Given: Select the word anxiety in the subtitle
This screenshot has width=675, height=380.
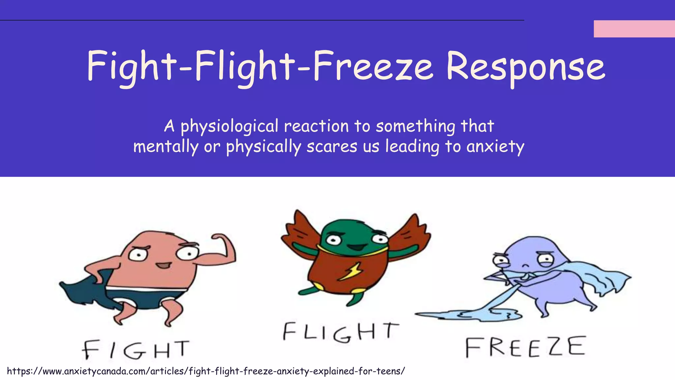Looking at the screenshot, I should (x=495, y=147).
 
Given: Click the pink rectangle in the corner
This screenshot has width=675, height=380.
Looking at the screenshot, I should (x=634, y=29).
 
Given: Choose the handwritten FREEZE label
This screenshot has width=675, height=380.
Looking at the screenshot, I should (x=525, y=347).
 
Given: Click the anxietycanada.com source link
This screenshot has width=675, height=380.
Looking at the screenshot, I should (x=206, y=371).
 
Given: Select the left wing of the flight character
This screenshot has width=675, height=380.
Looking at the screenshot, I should (x=298, y=231).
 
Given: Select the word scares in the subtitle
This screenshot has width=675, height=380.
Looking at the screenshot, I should (x=332, y=147).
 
